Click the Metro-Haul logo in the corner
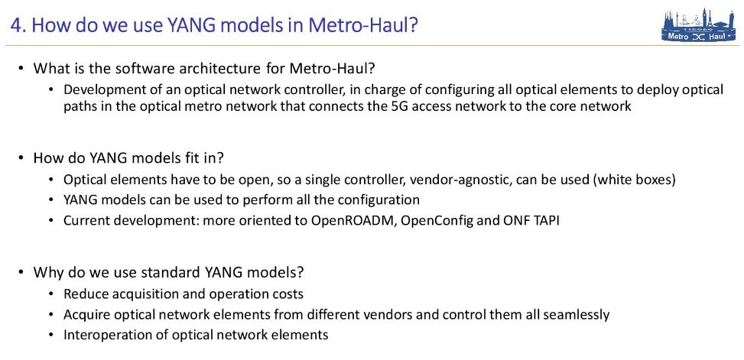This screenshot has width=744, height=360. [700, 25]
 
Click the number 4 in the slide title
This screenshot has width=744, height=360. [15, 25]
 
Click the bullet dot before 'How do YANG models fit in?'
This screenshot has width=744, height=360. [21, 158]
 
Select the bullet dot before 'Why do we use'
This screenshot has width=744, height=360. [21, 273]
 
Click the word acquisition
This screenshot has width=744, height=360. [141, 294]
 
